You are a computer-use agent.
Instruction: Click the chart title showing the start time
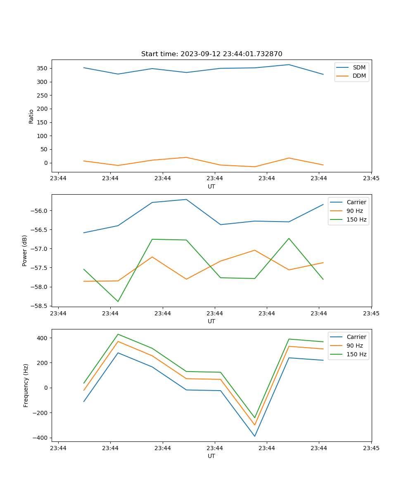click(x=211, y=54)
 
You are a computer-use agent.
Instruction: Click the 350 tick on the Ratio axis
click(x=41, y=68)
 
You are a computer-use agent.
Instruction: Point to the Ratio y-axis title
click(x=31, y=116)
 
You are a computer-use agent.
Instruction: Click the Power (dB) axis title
click(x=25, y=250)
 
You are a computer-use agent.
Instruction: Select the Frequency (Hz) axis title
click(x=26, y=385)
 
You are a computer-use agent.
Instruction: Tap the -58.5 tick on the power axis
click(x=39, y=306)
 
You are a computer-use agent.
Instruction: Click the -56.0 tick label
click(x=39, y=211)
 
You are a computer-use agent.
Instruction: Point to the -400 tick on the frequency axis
click(x=40, y=438)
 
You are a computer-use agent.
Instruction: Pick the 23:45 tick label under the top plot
click(x=371, y=179)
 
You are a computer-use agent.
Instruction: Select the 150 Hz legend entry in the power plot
click(x=356, y=219)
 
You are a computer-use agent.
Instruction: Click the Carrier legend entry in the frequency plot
click(x=356, y=337)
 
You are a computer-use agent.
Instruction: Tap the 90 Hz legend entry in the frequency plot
click(x=354, y=346)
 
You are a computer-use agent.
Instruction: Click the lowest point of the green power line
click(x=118, y=301)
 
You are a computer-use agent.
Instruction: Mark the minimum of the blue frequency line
click(x=255, y=436)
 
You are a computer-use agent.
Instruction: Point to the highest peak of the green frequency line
click(x=118, y=334)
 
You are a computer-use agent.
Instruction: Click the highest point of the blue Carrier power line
click(x=186, y=199)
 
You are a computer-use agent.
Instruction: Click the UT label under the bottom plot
click(x=211, y=456)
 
